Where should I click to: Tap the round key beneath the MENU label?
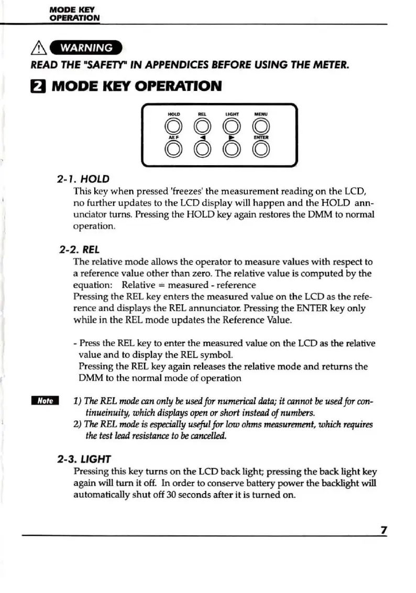tap(261, 126)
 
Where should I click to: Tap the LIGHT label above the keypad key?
tap(231, 113)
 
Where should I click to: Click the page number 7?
tap(384, 530)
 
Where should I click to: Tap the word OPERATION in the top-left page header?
tap(74, 17)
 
